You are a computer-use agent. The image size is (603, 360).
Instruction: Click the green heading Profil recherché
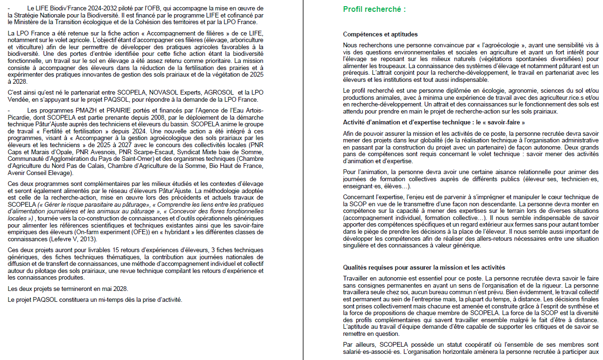click(374, 9)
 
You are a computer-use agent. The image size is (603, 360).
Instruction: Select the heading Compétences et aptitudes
click(380, 35)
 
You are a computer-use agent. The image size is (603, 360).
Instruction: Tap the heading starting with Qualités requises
click(424, 268)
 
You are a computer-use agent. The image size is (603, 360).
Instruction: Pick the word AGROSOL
click(214, 93)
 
